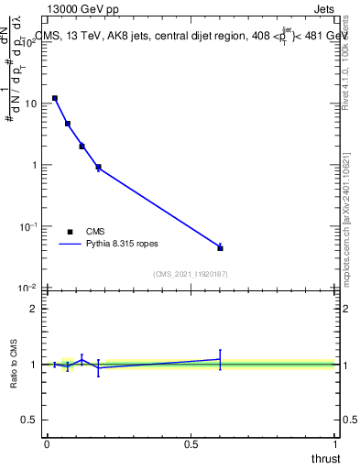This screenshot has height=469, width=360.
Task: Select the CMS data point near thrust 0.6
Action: pos(220,247)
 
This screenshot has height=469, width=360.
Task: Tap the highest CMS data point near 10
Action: pos(55,98)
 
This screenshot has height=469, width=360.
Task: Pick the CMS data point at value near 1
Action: pos(98,167)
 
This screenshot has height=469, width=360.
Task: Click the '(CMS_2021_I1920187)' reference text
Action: pos(189,273)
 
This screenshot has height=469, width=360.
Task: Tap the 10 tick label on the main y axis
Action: pos(30,104)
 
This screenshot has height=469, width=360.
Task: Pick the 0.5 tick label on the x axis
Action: pos(191,444)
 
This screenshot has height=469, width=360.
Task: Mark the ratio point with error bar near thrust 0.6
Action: pos(220,359)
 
